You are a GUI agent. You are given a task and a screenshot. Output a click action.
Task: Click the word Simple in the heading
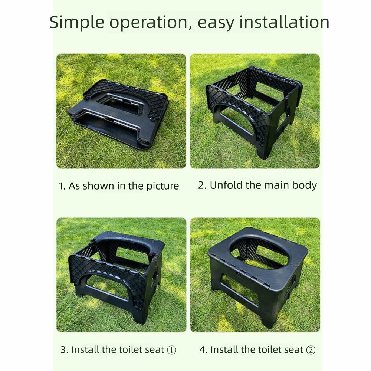pos(77,22)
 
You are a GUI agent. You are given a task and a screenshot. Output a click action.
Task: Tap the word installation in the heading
pos(284,22)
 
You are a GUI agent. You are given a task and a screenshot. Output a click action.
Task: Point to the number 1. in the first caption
pos(62,186)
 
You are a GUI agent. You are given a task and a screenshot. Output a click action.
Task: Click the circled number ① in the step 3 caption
pos(171,350)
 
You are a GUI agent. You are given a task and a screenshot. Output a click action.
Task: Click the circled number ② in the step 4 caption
pos(311,350)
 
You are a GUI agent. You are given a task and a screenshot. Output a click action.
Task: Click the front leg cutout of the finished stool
pos(237,293)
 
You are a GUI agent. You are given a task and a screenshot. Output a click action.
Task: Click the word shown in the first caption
pos(99,186)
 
